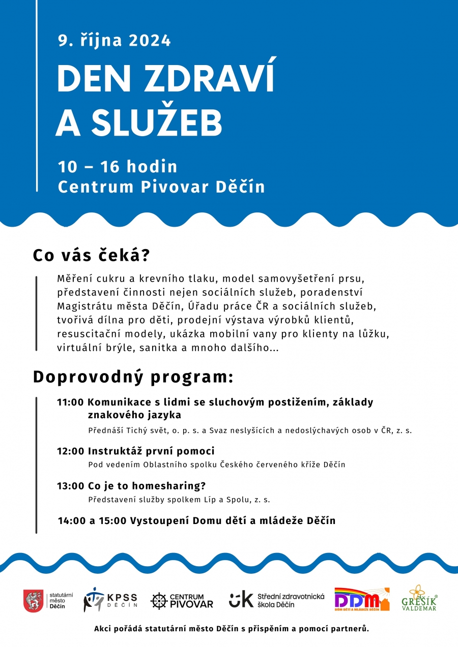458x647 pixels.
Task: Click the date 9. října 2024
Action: [x=114, y=41]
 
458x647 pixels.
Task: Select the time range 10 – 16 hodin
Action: [x=118, y=166]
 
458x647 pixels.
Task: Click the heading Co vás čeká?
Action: [x=91, y=255]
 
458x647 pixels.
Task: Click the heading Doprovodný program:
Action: [x=133, y=377]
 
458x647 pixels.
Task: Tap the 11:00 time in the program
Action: [x=70, y=402]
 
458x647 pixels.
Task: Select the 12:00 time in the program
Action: [x=70, y=451]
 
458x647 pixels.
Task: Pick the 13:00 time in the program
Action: [x=70, y=485]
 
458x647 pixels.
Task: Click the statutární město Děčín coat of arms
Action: [x=33, y=601]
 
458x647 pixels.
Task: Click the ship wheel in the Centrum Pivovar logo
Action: [x=159, y=601]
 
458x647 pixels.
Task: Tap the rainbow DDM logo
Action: [x=361, y=600]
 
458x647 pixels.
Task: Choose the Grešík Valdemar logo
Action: [x=419, y=598]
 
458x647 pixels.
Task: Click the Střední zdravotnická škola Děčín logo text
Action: [x=291, y=600]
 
